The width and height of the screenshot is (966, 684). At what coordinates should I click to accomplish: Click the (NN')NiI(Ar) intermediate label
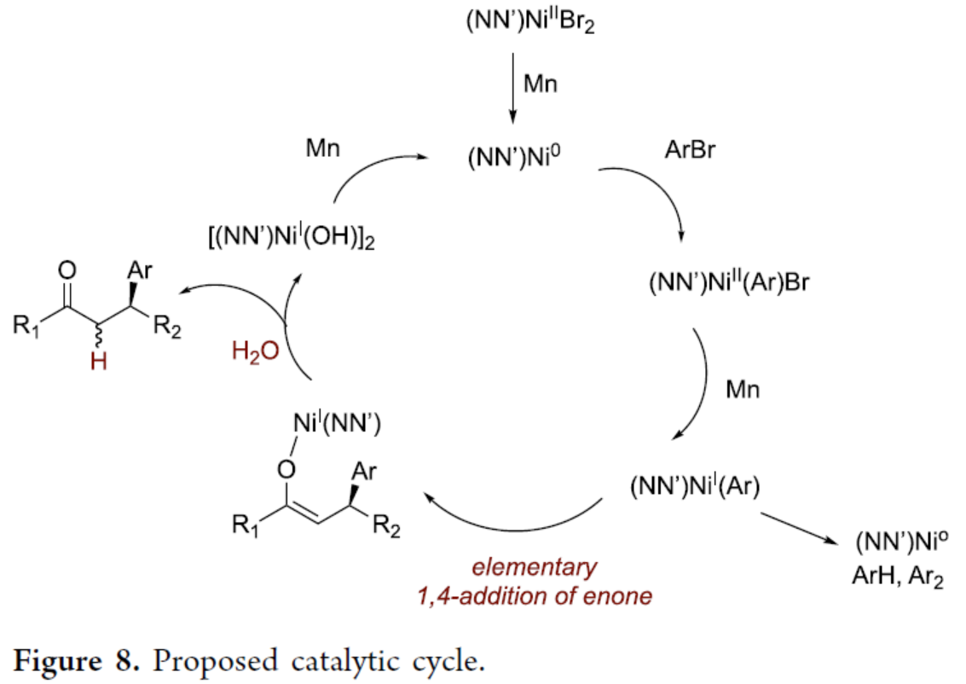[694, 488]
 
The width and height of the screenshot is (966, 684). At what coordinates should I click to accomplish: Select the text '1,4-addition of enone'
[535, 595]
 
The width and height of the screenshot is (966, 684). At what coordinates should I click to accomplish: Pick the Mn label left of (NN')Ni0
[324, 149]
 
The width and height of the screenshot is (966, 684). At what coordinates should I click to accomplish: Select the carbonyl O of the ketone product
[69, 272]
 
